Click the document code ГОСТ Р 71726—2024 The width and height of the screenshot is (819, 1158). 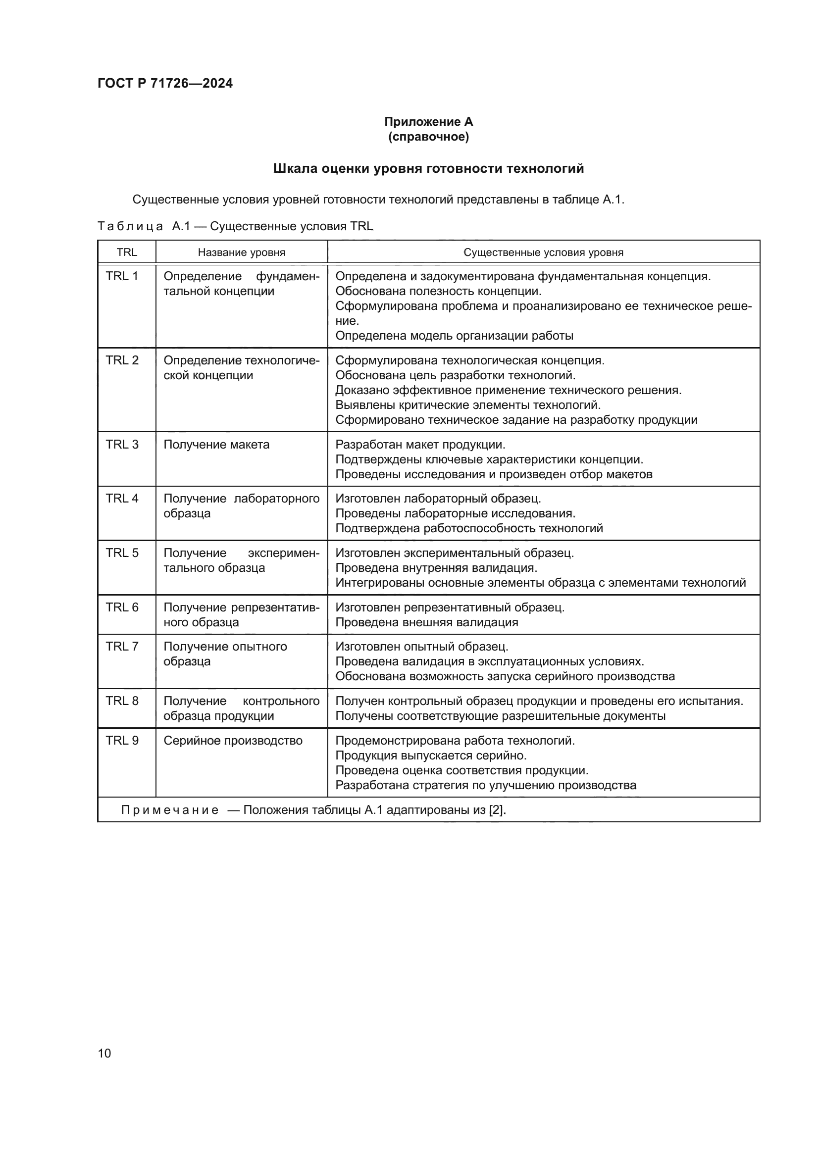[x=165, y=83]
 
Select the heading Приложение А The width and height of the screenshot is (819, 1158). [x=428, y=122]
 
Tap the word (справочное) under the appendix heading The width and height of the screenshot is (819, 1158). [x=428, y=137]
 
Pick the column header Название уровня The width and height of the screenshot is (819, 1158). [x=241, y=252]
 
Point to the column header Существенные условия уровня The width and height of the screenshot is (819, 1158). [x=543, y=252]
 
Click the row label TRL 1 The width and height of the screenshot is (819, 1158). [x=121, y=276]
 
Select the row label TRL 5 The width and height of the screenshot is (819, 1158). [x=121, y=553]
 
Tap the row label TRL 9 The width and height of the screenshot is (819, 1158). [x=121, y=740]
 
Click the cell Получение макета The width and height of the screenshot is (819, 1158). [x=216, y=444]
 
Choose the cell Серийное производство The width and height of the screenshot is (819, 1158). [x=233, y=740]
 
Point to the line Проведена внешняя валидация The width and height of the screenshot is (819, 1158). [x=427, y=622]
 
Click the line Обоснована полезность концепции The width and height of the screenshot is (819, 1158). [x=438, y=291]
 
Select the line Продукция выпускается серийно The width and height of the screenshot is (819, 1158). [x=431, y=755]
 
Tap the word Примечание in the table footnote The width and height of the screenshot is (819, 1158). [x=170, y=810]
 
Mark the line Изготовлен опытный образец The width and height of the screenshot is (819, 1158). [x=421, y=647]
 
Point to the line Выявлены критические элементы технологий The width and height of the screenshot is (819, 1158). [x=467, y=405]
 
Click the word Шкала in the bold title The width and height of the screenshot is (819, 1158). [x=295, y=168]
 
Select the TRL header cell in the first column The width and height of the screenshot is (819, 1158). [x=127, y=252]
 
